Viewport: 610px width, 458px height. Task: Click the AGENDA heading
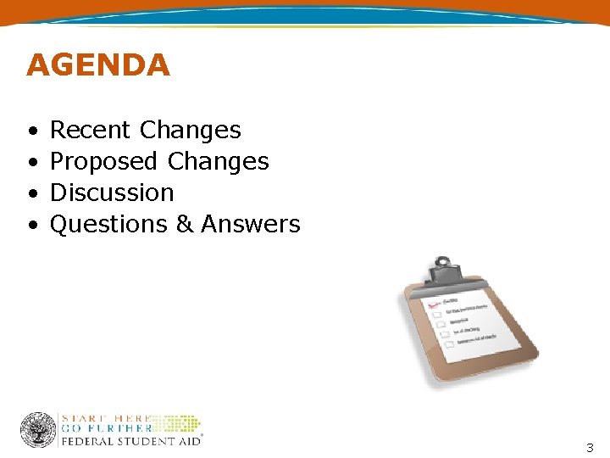point(98,65)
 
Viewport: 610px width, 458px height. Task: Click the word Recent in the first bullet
point(91,130)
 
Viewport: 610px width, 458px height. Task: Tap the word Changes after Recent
point(191,130)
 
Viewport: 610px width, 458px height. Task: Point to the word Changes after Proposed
point(219,161)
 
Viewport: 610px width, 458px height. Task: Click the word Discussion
point(112,193)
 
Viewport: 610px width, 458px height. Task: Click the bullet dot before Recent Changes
point(31,131)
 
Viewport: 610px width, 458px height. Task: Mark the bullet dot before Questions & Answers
point(31,225)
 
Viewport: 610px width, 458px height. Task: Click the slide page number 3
point(590,447)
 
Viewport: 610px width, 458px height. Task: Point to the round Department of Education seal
point(38,430)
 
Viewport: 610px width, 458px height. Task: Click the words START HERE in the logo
point(107,418)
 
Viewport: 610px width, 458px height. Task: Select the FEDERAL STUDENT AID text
point(131,441)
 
